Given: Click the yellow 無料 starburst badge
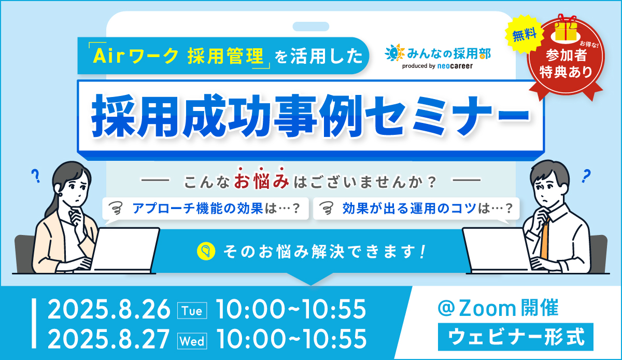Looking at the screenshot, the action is (x=524, y=35).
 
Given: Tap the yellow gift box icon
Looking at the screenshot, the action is (x=566, y=29).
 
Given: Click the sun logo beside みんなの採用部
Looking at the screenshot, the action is (x=395, y=53).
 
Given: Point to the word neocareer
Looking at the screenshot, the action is (x=455, y=66).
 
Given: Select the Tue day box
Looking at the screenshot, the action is (x=192, y=311).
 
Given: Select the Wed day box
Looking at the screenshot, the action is (x=192, y=340).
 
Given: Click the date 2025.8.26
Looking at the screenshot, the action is (x=109, y=309).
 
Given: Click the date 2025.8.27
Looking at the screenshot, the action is (x=109, y=339).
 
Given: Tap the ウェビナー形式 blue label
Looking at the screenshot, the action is (x=516, y=337).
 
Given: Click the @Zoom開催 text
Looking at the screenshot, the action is (x=498, y=308).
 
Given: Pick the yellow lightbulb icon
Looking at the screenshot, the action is (x=206, y=251).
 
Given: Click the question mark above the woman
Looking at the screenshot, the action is (x=36, y=176).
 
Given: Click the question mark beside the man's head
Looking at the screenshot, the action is (x=586, y=176).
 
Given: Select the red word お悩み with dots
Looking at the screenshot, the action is (x=261, y=179).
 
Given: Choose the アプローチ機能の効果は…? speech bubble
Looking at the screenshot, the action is (x=205, y=209).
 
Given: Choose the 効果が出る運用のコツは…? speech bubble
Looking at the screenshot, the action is (x=416, y=209).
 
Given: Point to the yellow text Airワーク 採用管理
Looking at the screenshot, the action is (x=178, y=56).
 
